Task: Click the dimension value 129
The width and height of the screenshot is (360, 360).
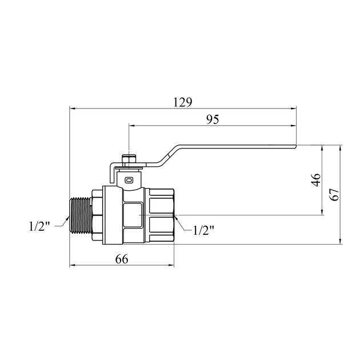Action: [182, 102]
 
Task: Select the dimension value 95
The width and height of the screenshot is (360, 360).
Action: [213, 119]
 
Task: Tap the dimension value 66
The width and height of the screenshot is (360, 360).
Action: [122, 259]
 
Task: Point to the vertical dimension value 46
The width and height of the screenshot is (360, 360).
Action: [316, 180]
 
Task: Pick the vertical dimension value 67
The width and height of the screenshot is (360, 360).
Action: [334, 195]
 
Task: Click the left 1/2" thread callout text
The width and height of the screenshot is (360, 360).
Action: [39, 226]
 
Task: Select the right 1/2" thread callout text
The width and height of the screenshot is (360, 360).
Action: [203, 230]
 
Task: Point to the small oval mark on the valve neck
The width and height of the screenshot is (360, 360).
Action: [129, 180]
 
